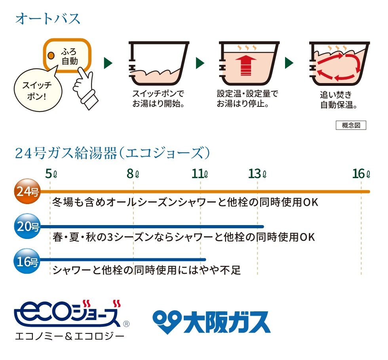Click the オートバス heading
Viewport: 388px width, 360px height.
48,19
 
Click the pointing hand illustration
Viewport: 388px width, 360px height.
85,83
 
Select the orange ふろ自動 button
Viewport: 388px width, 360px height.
68,56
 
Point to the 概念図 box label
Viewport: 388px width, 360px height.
351,125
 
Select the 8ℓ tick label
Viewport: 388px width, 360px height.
133,173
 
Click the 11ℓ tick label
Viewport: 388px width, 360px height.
200,173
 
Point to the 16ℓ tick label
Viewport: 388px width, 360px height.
361,173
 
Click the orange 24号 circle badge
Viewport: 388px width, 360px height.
27,192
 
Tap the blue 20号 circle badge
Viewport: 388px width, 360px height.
27,227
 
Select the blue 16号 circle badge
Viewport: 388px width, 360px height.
27,261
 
